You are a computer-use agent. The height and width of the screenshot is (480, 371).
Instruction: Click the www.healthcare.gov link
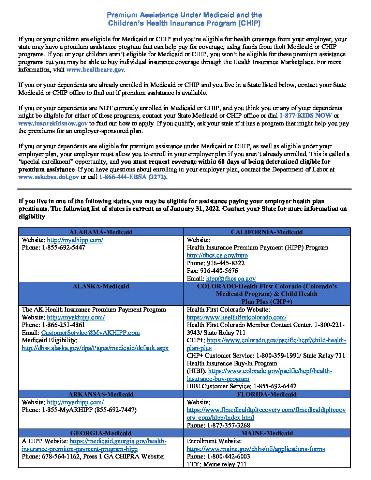95,70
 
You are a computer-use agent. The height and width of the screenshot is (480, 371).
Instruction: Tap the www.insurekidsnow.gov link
53,123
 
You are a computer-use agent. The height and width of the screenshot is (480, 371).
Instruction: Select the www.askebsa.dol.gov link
48,177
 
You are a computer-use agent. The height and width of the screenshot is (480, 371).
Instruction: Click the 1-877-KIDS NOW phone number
305,116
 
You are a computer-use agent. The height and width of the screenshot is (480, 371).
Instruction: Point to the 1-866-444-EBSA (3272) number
133,177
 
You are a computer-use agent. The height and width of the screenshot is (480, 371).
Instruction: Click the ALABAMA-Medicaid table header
101,232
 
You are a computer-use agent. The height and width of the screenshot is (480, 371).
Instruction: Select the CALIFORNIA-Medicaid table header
267,232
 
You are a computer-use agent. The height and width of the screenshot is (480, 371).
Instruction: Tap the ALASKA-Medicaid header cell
101,286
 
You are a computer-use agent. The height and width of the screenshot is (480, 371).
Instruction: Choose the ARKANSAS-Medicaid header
101,394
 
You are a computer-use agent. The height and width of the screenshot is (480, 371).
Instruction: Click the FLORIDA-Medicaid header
267,394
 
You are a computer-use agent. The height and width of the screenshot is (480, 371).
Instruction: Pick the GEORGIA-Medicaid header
101,433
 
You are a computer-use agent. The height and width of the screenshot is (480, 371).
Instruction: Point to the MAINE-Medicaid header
267,433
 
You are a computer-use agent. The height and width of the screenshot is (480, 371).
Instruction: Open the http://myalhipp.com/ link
75,240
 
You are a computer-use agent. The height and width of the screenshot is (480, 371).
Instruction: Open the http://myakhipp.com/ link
76,317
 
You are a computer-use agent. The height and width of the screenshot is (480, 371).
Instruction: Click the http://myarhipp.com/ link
75,402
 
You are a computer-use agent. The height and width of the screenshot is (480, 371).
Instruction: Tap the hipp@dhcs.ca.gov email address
231,279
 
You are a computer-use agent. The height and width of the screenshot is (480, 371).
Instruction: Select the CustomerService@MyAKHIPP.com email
90,333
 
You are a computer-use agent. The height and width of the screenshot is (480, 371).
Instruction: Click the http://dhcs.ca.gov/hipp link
217,255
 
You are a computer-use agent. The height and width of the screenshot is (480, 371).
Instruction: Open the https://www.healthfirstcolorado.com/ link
236,317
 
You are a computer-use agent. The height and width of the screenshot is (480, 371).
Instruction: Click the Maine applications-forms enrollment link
255,449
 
